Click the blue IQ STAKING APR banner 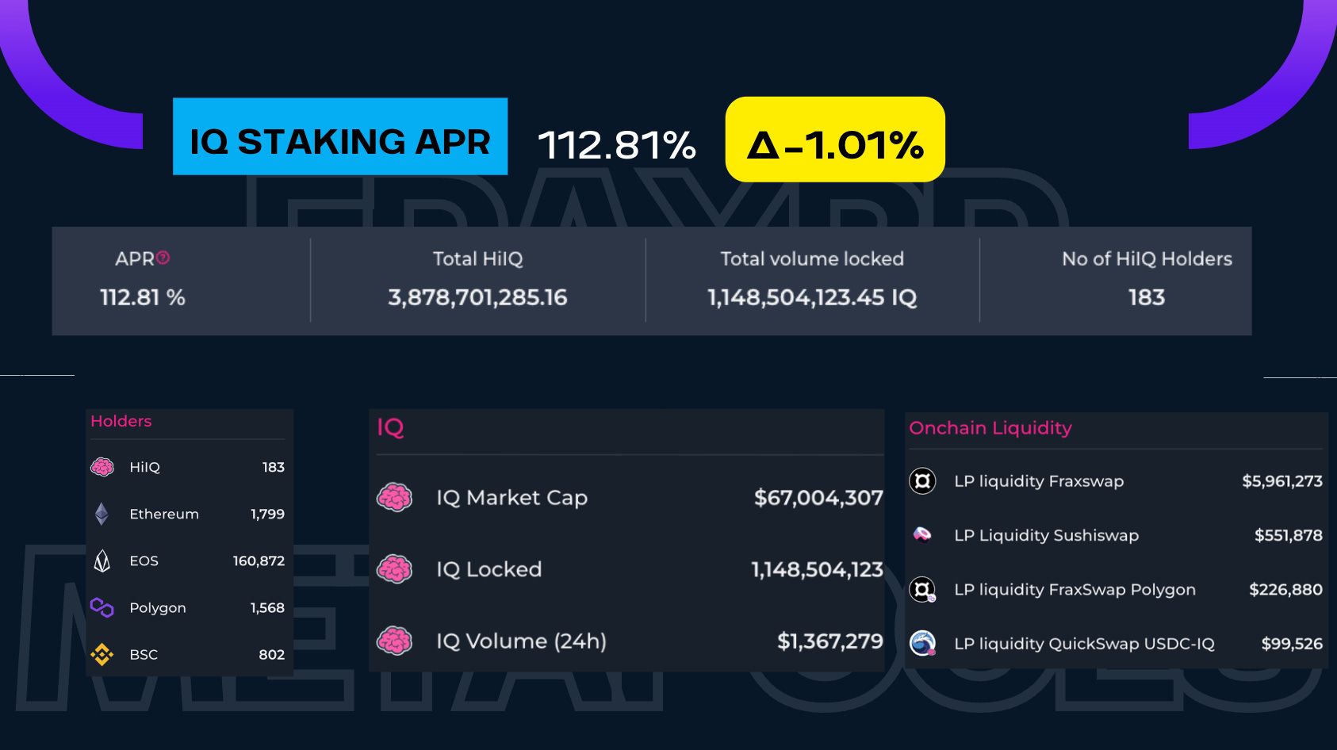click(340, 136)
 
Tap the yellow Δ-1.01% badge click(835, 140)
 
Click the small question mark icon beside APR click(163, 258)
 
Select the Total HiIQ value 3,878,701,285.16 click(477, 297)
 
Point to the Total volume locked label click(812, 259)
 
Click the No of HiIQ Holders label click(1147, 259)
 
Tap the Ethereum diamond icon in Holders click(102, 514)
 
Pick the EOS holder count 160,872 click(259, 561)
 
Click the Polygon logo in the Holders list click(102, 607)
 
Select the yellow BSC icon click(102, 654)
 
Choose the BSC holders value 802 click(271, 654)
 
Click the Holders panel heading click(121, 421)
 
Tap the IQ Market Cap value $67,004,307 click(818, 498)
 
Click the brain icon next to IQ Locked click(394, 569)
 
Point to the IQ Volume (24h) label click(521, 641)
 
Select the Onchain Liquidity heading click(990, 428)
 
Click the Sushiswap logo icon click(922, 534)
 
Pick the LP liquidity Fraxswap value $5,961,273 click(1281, 481)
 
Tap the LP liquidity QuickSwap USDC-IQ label click(1084, 644)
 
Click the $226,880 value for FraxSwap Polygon click(1285, 590)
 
